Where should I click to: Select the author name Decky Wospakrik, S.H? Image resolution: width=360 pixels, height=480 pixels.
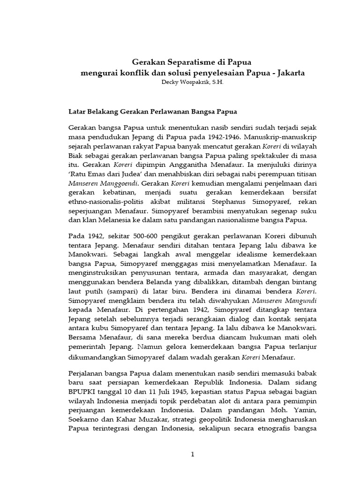tap(179, 82)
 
